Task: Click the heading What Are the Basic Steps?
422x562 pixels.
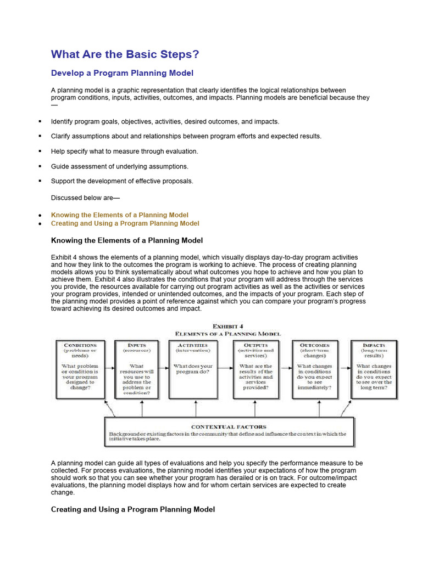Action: coord(125,54)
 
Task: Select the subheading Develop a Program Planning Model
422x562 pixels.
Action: coord(122,73)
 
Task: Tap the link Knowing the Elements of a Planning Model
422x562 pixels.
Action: coord(119,215)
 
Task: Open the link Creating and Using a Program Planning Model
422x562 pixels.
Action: coord(125,223)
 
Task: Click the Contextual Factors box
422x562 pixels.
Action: coord(229,432)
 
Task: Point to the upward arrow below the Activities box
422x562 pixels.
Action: coord(196,408)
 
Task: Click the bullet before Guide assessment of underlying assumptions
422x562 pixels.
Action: coord(40,166)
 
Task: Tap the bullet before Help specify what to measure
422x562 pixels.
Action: coord(40,151)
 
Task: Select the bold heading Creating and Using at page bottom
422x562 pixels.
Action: coord(132,509)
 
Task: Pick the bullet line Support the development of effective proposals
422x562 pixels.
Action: coord(122,181)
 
